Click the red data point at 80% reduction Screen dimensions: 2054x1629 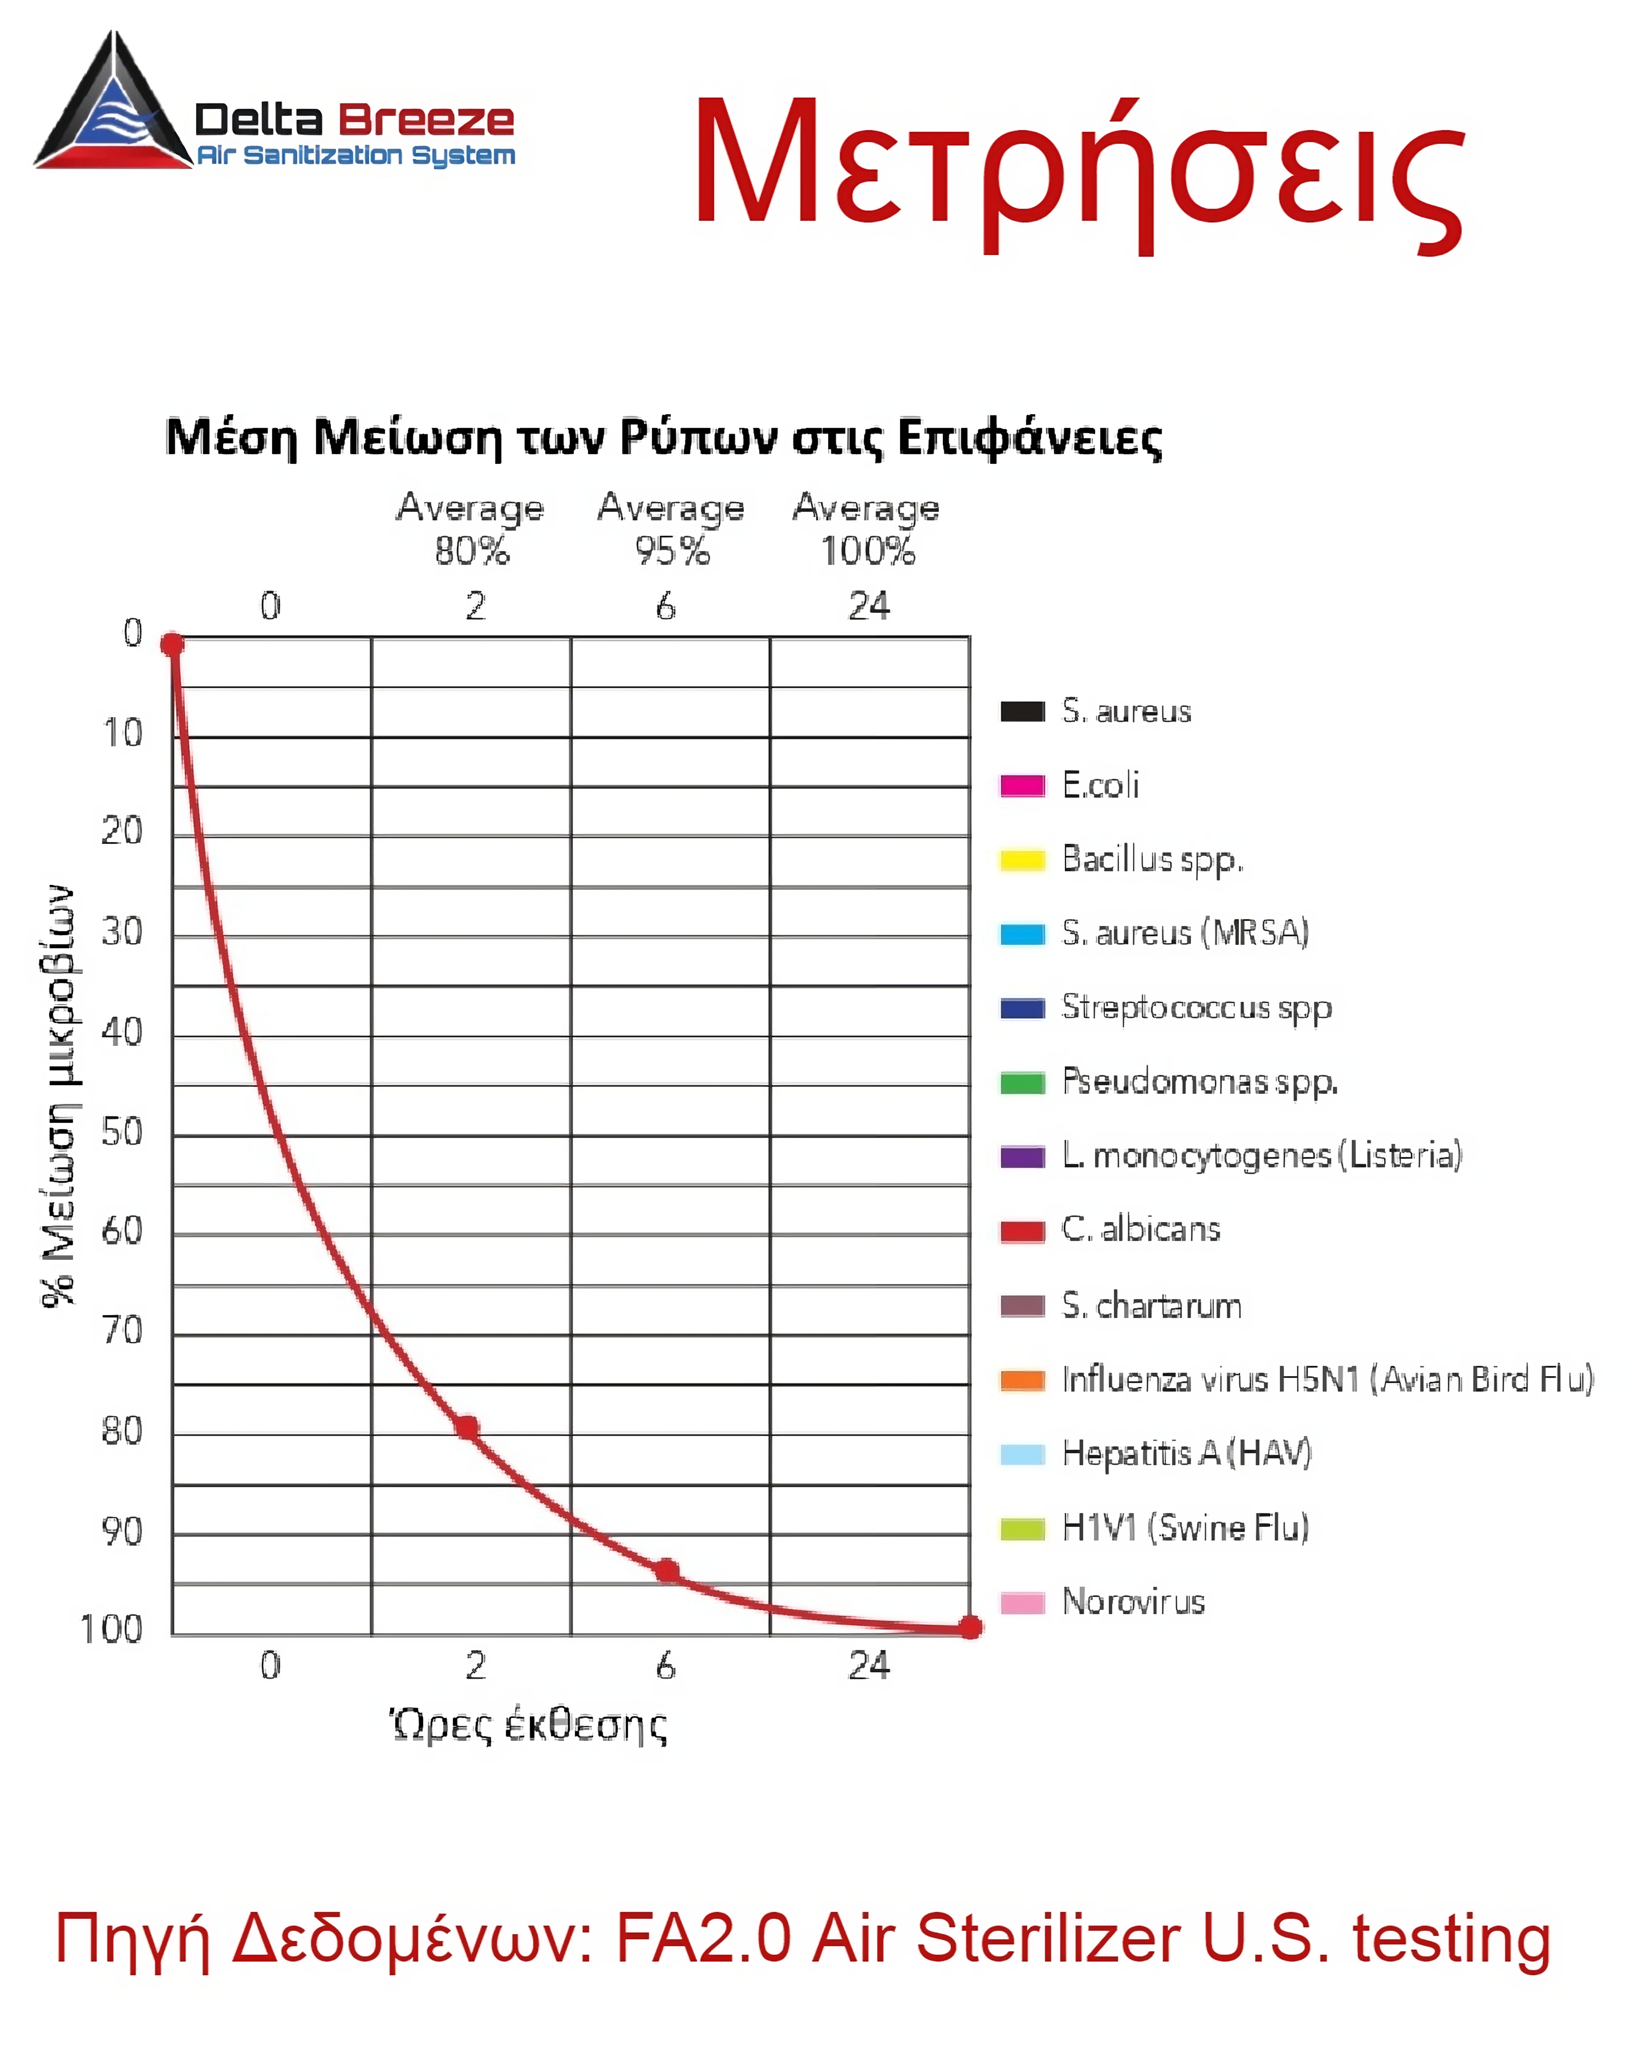(x=467, y=1426)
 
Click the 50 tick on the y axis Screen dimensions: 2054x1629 (x=122, y=1132)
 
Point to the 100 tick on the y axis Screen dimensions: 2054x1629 (x=112, y=1629)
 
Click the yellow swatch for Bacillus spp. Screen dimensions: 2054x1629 (x=1022, y=860)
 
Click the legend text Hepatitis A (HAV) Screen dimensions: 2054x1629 (x=1186, y=1453)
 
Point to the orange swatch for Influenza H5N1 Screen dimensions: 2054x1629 (x=1022, y=1380)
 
